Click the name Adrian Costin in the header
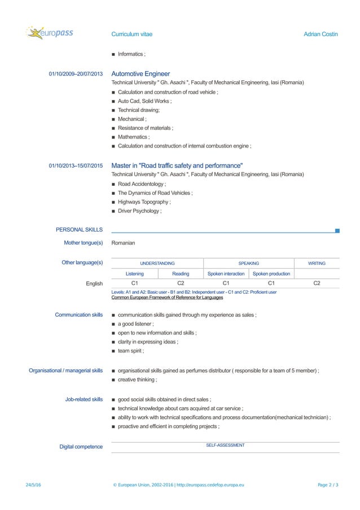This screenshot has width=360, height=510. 321,34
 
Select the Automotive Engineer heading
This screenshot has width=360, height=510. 141,74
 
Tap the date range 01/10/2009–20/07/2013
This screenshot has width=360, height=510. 76,74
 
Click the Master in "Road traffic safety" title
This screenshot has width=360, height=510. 177,165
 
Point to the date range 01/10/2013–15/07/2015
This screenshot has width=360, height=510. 76,166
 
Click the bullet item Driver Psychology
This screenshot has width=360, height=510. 139,211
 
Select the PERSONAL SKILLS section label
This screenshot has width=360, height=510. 79,230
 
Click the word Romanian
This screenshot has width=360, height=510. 124,243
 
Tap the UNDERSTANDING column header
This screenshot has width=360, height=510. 157,263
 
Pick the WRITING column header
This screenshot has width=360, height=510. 317,263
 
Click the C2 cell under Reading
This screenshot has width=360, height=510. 181,283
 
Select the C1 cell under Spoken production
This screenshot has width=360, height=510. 271,283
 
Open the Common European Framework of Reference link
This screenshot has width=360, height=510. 167,297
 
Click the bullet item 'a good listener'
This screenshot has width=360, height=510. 135,324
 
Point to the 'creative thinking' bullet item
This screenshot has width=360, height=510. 137,380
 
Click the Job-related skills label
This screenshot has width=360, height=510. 84,399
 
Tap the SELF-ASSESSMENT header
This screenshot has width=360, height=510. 225,446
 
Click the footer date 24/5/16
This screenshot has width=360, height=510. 33,485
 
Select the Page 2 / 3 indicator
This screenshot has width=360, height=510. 328,485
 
